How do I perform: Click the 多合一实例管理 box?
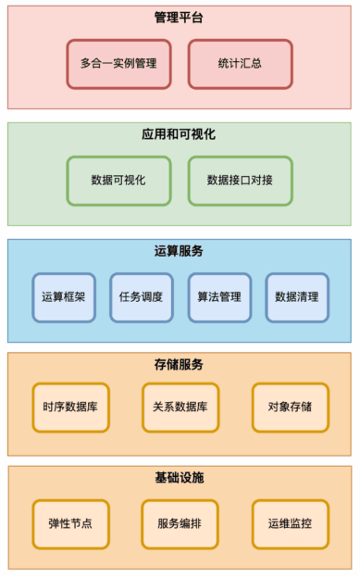[118, 64]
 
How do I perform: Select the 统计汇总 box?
[240, 64]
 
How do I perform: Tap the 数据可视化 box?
[118, 180]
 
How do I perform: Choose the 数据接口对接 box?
[240, 180]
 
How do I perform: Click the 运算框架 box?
[64, 297]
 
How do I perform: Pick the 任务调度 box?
[142, 297]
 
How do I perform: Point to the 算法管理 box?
[219, 297]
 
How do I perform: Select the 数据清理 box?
[297, 297]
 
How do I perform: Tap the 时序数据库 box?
[70, 407]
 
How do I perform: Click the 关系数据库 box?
[180, 407]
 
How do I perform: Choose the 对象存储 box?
[290, 407]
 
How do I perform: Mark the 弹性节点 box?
[70, 523]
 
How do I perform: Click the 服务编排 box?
[180, 523]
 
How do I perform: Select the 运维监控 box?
[290, 523]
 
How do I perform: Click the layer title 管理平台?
[180, 18]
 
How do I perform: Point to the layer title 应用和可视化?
[180, 134]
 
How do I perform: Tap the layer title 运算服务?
[180, 251]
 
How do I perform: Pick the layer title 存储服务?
[180, 364]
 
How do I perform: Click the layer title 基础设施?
[180, 478]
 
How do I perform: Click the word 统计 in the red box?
[229, 64]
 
